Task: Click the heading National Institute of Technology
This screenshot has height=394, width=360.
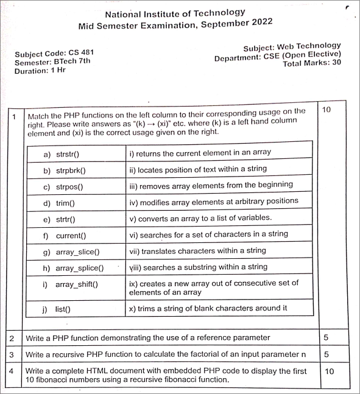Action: point(175,13)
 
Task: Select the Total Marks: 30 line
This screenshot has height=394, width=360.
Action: point(311,63)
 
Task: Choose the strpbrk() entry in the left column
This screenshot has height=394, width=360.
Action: point(71,171)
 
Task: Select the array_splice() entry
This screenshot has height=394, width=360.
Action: point(79,267)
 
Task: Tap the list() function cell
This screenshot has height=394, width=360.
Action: point(63,309)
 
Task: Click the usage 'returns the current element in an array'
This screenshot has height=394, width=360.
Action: point(200,152)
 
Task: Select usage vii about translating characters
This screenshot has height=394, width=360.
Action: point(197,250)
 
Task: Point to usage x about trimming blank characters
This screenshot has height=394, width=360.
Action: point(208,308)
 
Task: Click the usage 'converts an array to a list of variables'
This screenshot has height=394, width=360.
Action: point(200,217)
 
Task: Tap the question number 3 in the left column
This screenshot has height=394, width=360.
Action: point(11,354)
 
